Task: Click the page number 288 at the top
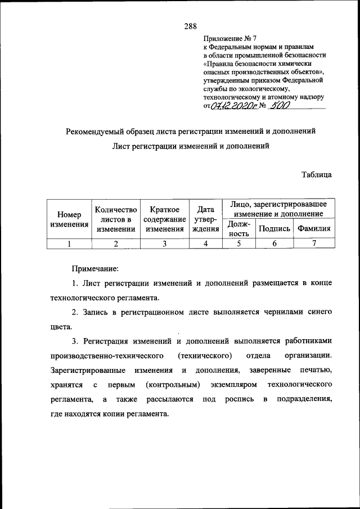[x=190, y=26]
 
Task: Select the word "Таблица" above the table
[x=316, y=174]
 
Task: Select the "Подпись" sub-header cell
[x=274, y=229]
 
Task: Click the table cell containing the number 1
[x=69, y=244]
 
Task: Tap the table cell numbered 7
[x=314, y=244]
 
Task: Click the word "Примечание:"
[x=95, y=269]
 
